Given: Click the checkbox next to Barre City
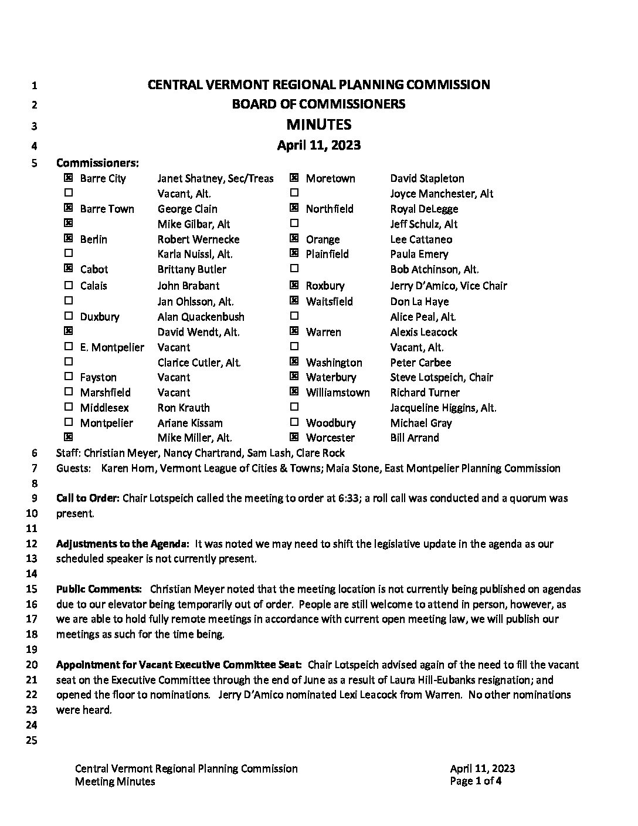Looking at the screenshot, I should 69,178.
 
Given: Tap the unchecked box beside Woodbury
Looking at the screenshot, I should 294,422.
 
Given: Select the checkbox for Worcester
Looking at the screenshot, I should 294,436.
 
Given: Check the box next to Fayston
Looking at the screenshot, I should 69,376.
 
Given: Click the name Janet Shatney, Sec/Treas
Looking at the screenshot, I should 215,178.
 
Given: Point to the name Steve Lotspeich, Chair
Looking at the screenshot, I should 442,377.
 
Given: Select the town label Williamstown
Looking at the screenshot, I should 338,392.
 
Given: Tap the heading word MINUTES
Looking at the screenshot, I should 319,124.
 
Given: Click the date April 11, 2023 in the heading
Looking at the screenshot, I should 319,145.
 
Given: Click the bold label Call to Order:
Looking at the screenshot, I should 88,498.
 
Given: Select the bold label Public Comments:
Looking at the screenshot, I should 99,589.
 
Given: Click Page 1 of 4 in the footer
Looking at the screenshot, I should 476,781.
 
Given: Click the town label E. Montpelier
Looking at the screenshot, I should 112,347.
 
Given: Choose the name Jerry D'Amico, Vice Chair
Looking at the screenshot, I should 449,286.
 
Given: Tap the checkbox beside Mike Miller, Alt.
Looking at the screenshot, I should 69,436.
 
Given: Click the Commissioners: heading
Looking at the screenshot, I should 97,163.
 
